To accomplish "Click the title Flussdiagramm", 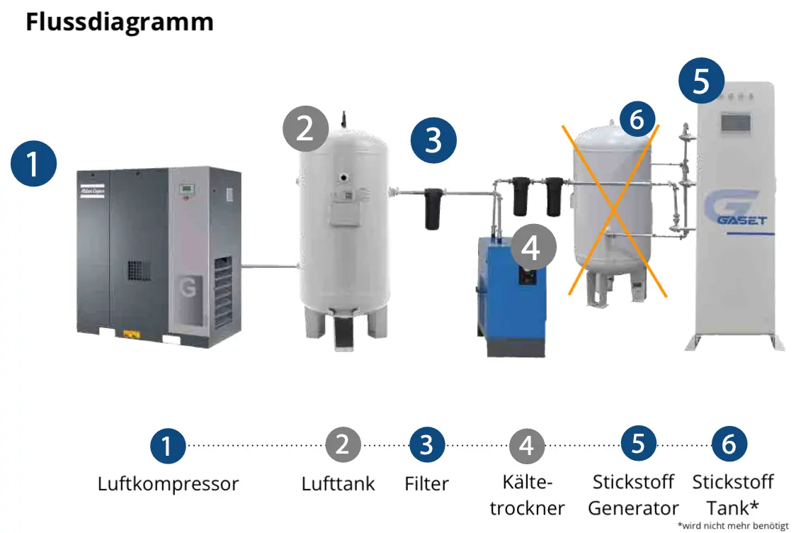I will [x=119, y=22].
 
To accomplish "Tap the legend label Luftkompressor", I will [x=168, y=485].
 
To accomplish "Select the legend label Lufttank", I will [x=338, y=485].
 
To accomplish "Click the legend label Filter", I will [x=426, y=485].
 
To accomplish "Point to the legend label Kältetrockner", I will [x=527, y=495].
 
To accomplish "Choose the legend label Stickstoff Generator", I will [x=633, y=495].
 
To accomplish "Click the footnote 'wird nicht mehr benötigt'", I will [x=732, y=526].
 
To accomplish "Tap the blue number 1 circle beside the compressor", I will [x=33, y=164].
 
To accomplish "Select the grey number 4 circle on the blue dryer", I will [x=533, y=248].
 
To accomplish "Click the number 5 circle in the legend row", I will [x=638, y=445].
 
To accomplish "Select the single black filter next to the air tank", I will [x=433, y=207].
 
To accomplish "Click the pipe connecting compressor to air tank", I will [x=269, y=266].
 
